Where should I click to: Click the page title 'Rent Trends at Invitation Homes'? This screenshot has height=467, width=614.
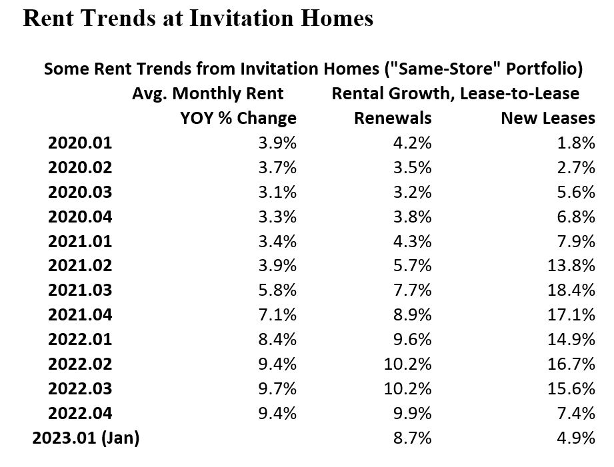[198, 19]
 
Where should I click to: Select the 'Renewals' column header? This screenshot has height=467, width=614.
[393, 118]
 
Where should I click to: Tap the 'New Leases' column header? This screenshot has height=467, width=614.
[547, 118]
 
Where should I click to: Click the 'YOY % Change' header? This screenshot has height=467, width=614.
[238, 118]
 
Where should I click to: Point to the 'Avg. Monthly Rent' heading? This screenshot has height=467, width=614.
[207, 93]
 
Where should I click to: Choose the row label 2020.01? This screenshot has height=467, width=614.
[80, 143]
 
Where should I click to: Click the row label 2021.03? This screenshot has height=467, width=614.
[80, 290]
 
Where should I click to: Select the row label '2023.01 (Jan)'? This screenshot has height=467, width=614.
[86, 438]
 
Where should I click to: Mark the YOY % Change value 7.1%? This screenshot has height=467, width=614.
[277, 315]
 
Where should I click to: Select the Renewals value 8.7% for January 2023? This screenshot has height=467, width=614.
[413, 438]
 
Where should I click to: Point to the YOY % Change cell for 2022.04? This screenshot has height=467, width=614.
[277, 414]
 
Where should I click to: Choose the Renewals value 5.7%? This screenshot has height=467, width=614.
[413, 266]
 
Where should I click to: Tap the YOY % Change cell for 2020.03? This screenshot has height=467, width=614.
[277, 192]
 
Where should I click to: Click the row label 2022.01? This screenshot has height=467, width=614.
[80, 340]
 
